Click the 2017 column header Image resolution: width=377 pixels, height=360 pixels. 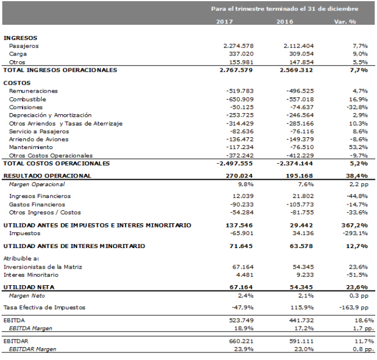(225, 22)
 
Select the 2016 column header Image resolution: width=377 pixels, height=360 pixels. (285, 22)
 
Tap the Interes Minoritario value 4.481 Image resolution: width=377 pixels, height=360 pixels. (245, 275)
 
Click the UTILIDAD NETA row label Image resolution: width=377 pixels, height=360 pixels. (29, 287)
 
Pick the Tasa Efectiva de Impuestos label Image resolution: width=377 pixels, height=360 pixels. (44, 308)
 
